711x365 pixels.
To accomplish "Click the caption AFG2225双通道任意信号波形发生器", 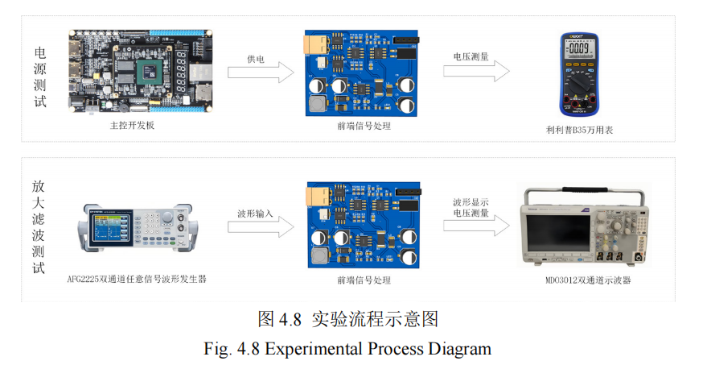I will (137, 280).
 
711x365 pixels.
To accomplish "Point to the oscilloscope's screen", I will (562, 227).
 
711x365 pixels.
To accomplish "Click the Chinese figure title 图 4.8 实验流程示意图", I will (347, 318).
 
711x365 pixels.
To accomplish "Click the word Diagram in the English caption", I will (458, 349).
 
